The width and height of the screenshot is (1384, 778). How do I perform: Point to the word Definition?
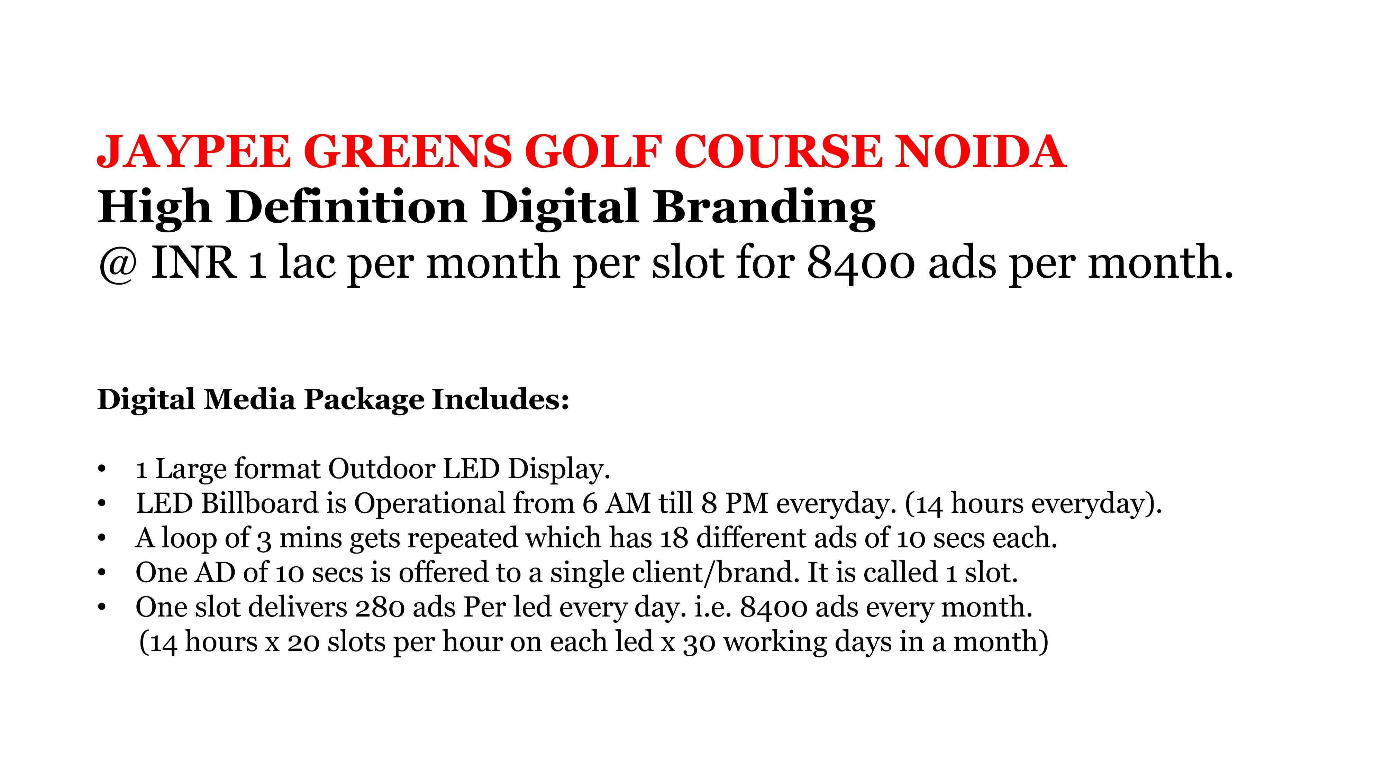pyautogui.click(x=347, y=208)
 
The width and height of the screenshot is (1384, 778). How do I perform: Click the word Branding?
pyautogui.click(x=764, y=208)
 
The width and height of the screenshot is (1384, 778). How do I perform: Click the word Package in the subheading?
pyautogui.click(x=364, y=400)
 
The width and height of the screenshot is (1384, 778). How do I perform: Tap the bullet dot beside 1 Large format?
pyautogui.click(x=101, y=469)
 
